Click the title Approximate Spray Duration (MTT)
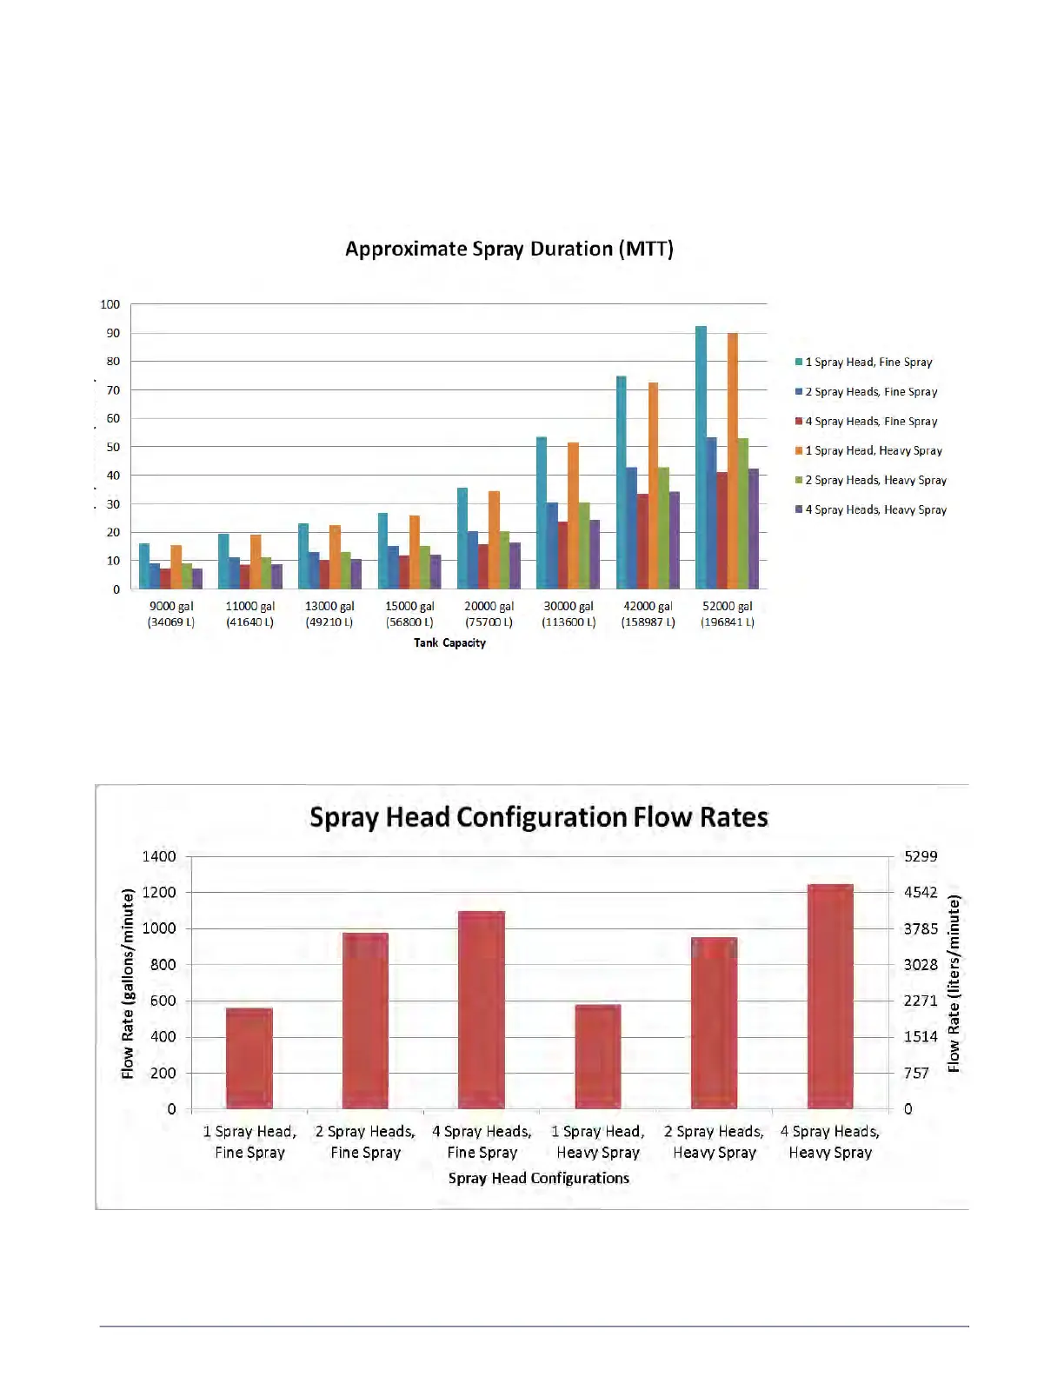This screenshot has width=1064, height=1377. [509, 249]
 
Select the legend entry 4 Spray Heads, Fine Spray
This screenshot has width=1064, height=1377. [870, 422]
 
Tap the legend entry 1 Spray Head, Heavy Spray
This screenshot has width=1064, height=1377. [873, 451]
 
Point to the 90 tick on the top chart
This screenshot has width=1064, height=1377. [113, 333]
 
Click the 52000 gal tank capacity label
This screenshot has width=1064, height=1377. [728, 614]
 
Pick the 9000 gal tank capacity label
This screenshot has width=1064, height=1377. [171, 614]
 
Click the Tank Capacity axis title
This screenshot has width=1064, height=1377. [449, 643]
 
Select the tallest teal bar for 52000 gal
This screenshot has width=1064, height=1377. [701, 457]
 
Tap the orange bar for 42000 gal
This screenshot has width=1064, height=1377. [653, 485]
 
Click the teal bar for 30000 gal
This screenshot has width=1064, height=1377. [542, 513]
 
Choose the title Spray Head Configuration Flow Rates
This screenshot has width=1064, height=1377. [539, 818]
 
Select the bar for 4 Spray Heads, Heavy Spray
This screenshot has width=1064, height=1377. [830, 996]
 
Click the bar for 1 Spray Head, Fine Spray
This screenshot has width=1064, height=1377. [249, 1058]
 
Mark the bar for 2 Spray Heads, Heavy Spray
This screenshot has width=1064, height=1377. [714, 1022]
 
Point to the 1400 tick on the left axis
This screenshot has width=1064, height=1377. [159, 857]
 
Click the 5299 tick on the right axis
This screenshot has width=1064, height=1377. [921, 857]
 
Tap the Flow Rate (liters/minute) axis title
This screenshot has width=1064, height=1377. [954, 984]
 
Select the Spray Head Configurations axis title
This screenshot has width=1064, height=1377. [539, 1179]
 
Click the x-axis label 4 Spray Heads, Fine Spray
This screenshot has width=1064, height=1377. [482, 1142]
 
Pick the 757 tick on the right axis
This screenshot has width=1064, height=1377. [916, 1074]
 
